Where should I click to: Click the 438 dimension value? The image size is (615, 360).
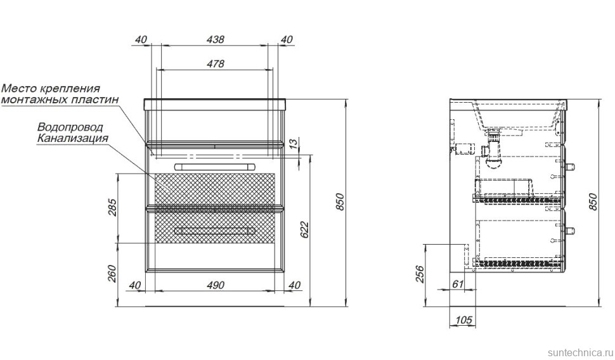point(216,39)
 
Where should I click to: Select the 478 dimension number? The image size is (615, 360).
point(216,63)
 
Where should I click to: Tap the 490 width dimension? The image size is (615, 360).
point(216,285)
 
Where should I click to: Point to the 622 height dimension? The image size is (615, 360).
point(305,230)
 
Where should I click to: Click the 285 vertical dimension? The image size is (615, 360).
point(112,207)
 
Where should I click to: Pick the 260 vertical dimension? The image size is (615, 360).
point(112,274)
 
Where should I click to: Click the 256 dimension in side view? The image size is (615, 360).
point(419,274)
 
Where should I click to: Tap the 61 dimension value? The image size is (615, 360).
point(458,284)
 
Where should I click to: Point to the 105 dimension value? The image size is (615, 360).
point(463,321)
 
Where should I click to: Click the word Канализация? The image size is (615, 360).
point(72,138)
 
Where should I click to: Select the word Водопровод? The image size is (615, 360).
point(70,127)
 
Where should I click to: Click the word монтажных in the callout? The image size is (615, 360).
point(32,100)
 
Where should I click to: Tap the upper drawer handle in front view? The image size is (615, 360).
point(215,166)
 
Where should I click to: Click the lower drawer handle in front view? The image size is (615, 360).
point(215,230)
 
